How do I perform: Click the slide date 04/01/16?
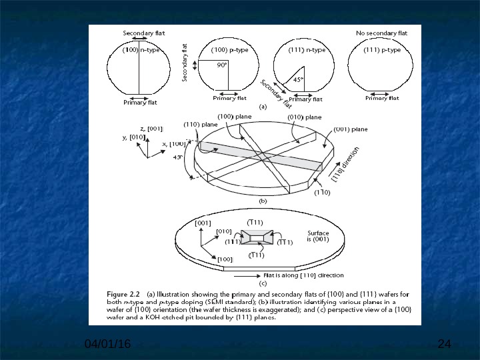[107, 343]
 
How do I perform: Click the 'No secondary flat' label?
[381, 33]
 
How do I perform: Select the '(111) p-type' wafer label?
[382, 50]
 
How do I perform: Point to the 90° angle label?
[221, 65]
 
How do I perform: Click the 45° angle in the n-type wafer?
[298, 79]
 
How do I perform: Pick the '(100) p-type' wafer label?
[229, 50]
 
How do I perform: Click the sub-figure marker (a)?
[263, 106]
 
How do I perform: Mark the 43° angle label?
[177, 157]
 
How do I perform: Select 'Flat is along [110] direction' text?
[303, 275]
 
